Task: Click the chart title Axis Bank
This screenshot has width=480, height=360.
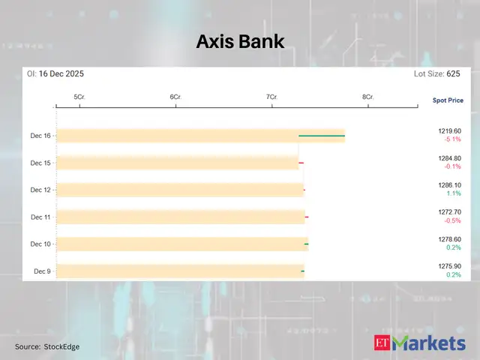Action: click(x=240, y=41)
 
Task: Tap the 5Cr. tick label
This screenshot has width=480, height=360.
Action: click(x=79, y=97)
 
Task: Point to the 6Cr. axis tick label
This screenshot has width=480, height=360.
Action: click(x=175, y=97)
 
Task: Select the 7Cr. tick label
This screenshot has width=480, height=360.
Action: click(x=271, y=97)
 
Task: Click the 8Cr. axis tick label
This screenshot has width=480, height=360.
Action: click(x=367, y=97)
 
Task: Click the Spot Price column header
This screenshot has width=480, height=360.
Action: click(x=448, y=100)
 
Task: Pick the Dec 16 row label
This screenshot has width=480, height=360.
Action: click(x=40, y=136)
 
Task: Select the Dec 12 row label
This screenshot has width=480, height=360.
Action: click(x=40, y=190)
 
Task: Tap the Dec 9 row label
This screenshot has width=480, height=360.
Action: click(x=42, y=271)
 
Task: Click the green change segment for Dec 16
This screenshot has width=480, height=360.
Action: click(x=322, y=136)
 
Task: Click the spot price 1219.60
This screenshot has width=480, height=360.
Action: click(x=450, y=131)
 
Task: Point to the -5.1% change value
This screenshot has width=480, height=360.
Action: click(x=451, y=139)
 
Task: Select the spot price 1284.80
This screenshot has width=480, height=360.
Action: click(x=450, y=158)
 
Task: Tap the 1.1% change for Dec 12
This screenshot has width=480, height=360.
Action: click(x=453, y=193)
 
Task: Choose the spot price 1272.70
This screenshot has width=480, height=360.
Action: click(x=450, y=212)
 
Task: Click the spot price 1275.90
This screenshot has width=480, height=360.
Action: click(x=450, y=266)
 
